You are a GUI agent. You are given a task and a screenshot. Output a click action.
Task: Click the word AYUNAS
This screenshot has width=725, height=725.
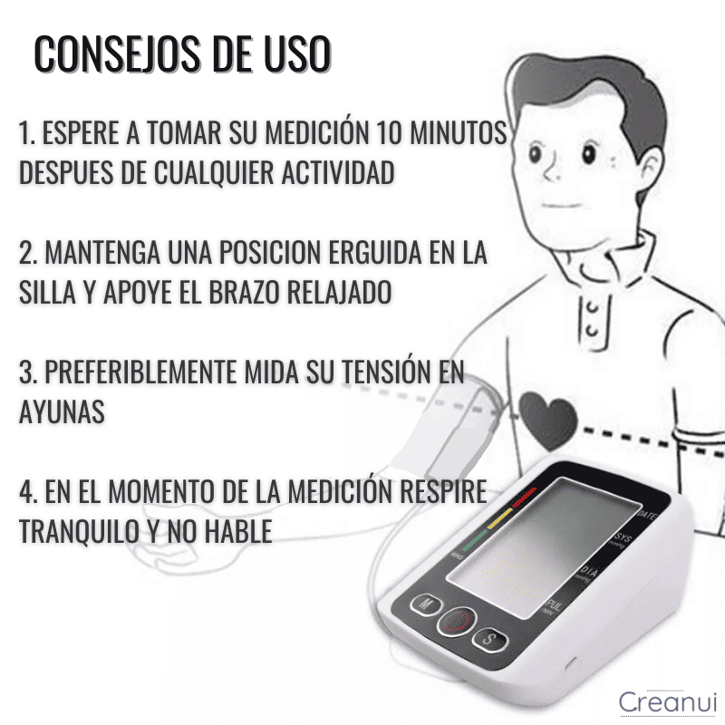[x=62, y=411]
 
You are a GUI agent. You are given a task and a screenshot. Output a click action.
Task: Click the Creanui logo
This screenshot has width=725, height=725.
[x=666, y=701]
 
